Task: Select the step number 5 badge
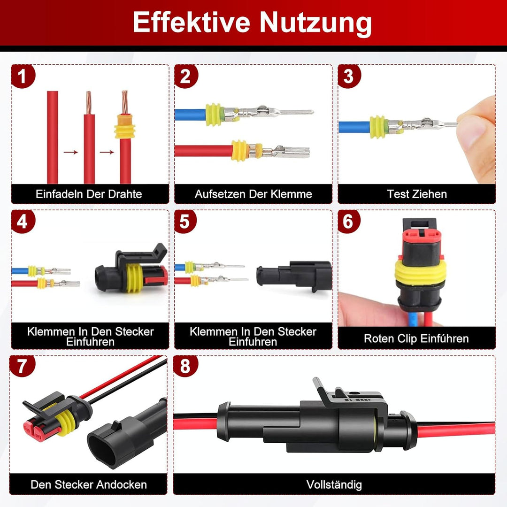(x=185, y=222)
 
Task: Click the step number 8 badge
(x=185, y=367)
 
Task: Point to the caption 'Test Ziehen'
(x=417, y=194)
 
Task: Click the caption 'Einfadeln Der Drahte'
(x=89, y=194)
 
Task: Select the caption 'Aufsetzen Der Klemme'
(x=253, y=194)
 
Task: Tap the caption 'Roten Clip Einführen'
(x=416, y=338)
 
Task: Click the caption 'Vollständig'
(x=334, y=484)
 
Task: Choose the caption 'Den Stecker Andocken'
(x=89, y=484)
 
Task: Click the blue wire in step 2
(x=190, y=114)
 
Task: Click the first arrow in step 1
(x=70, y=152)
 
